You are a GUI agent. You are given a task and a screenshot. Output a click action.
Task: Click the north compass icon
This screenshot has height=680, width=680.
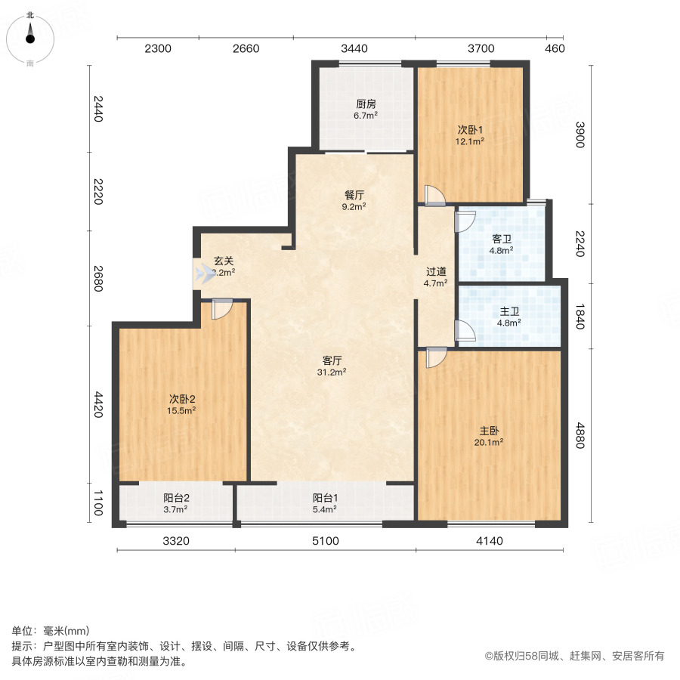coord(30,38)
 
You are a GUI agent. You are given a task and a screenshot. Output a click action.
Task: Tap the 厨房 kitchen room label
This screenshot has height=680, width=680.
coord(366,104)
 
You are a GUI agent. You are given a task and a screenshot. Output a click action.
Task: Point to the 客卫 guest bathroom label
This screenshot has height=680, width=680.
coord(502,239)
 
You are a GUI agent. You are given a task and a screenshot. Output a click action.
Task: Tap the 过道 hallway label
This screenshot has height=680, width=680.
coord(435,272)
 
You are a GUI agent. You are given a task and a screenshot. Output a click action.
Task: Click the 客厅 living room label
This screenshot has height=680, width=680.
coord(333,361)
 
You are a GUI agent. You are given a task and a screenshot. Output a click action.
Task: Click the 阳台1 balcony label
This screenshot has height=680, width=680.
coord(325,498)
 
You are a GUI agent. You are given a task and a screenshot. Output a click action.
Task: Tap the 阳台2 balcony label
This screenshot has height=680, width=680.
coord(175,498)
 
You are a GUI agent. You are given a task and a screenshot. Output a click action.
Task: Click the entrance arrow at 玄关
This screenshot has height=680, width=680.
coord(202,273)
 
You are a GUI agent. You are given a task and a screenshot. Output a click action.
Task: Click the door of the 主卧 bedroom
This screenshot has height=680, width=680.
coord(436,357)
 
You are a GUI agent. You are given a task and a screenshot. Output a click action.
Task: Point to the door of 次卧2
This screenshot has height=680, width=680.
coord(222,309)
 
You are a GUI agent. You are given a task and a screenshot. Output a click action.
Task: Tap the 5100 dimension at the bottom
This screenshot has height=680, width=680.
coord(326,540)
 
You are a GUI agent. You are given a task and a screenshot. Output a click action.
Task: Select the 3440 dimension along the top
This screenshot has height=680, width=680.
coord(354,49)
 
